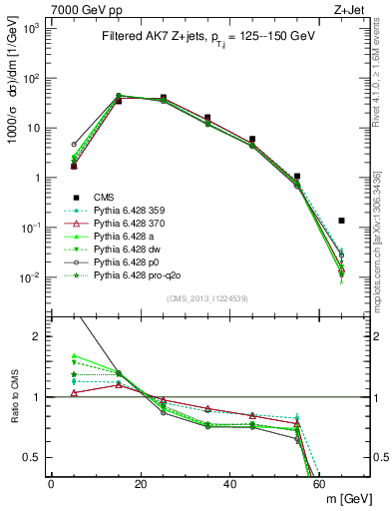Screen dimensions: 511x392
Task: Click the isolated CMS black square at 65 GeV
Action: pyautogui.click(x=341, y=221)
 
